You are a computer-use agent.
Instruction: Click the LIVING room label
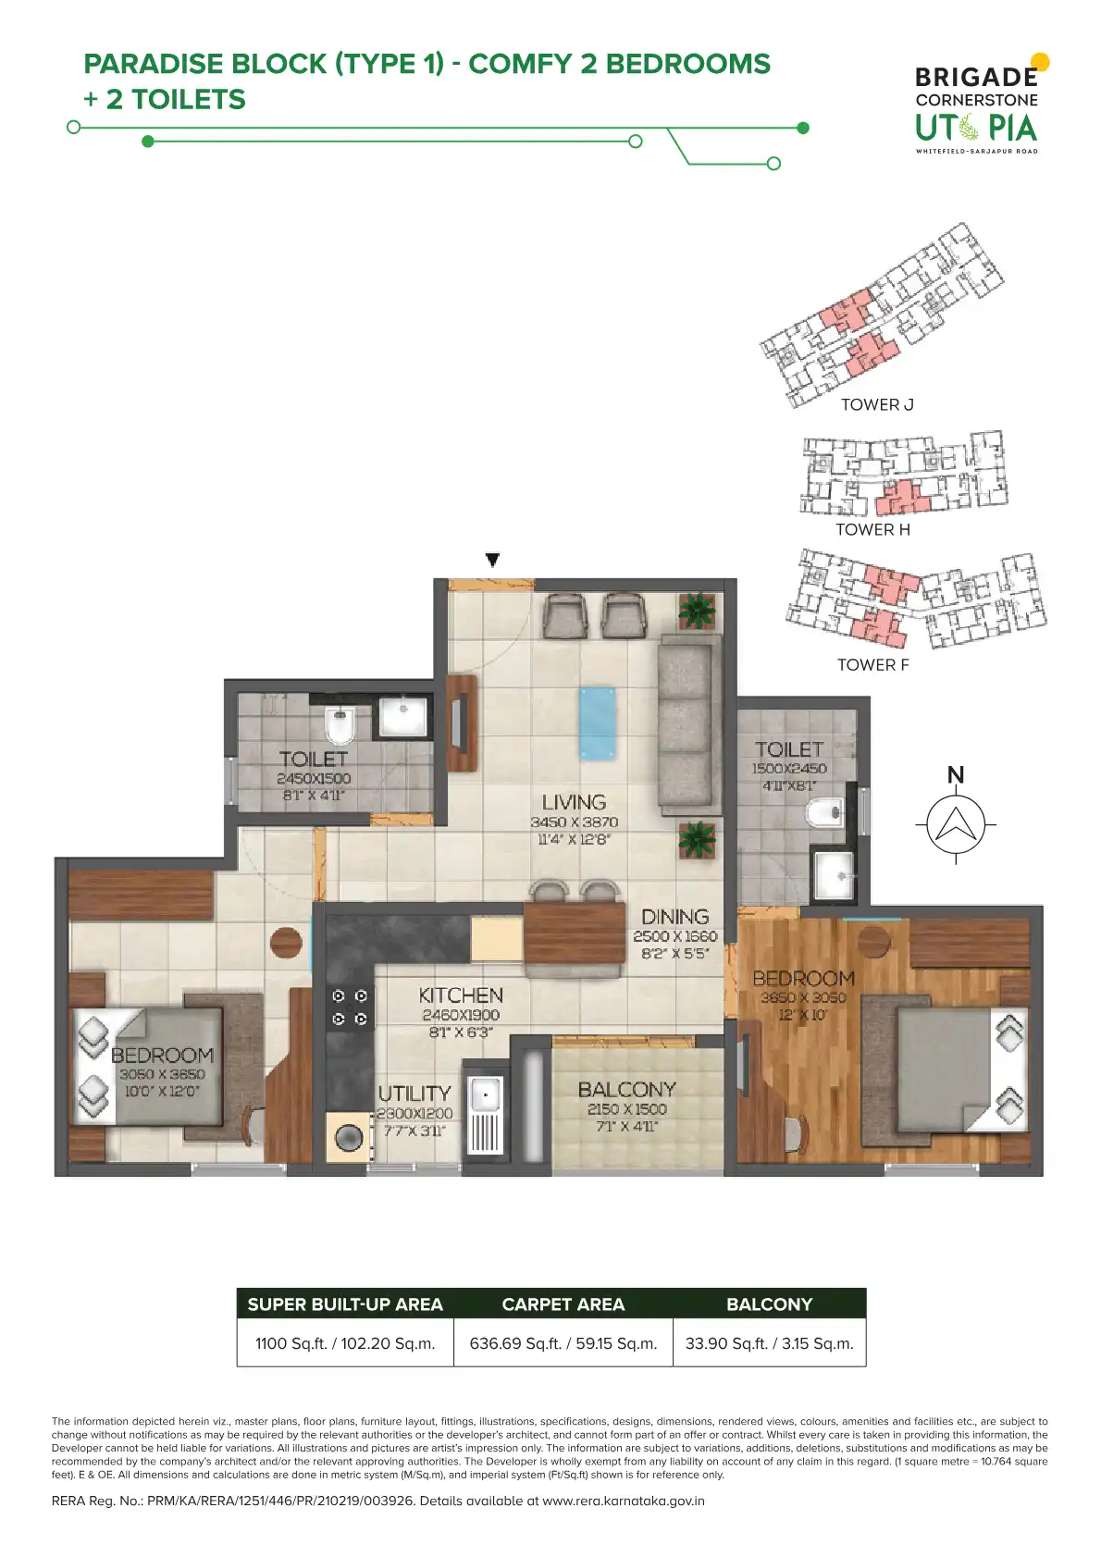[574, 802]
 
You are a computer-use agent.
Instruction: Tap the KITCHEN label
[461, 995]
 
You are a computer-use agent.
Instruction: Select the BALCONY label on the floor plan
[627, 1089]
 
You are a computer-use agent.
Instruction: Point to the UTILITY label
[414, 1094]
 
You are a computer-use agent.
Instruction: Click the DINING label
[674, 917]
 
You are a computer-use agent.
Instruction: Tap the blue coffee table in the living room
[598, 723]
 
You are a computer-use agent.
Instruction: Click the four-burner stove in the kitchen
[350, 1007]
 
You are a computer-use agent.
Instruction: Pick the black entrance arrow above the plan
[492, 559]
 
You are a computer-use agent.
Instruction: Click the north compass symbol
[956, 824]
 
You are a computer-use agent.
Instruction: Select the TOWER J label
[877, 404]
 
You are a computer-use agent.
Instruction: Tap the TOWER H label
[873, 530]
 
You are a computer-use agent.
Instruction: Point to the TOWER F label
[873, 664]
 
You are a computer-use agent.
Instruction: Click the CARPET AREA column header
[563, 1304]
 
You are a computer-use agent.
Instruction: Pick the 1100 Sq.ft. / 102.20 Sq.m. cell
[345, 1343]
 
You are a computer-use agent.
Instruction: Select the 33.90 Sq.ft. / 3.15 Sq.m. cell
[770, 1343]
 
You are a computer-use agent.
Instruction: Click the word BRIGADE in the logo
[977, 77]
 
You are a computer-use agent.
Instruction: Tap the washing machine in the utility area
[349, 1137]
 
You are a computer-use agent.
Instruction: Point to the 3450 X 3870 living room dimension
[575, 822]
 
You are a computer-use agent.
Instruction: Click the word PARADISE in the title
[154, 63]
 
